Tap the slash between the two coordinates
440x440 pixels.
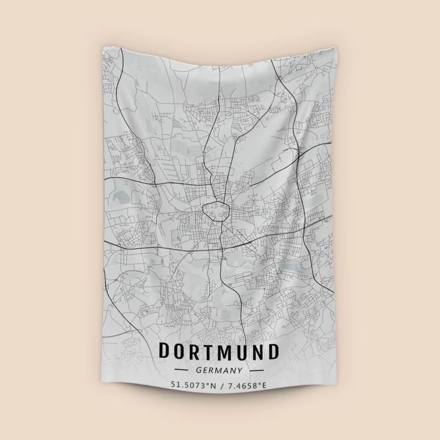click(221, 385)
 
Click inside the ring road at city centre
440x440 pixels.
click(215, 210)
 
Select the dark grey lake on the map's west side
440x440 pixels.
click(119, 195)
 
